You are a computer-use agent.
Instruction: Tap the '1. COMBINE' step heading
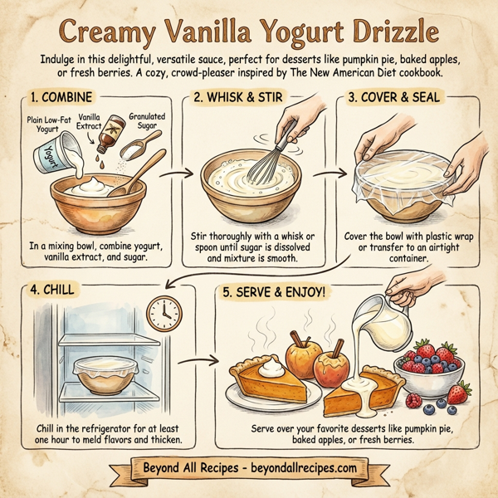tap(63, 99)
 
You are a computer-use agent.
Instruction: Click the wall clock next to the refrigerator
tap(164, 315)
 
